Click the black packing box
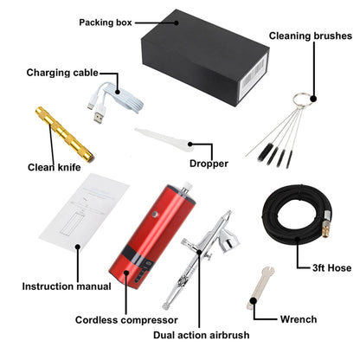[205, 58]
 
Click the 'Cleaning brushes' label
[311, 35]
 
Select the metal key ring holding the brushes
[302, 100]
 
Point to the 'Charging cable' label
[62, 73]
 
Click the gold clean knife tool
[65, 134]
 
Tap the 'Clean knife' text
[54, 167]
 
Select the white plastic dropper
[165, 140]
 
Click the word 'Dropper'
[209, 164]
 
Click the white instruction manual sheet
[84, 213]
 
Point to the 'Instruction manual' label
[67, 286]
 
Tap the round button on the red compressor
[156, 214]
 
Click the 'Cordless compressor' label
[126, 320]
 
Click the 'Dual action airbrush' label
[202, 335]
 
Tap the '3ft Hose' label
[332, 268]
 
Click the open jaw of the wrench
[268, 271]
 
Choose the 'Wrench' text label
[299, 319]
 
